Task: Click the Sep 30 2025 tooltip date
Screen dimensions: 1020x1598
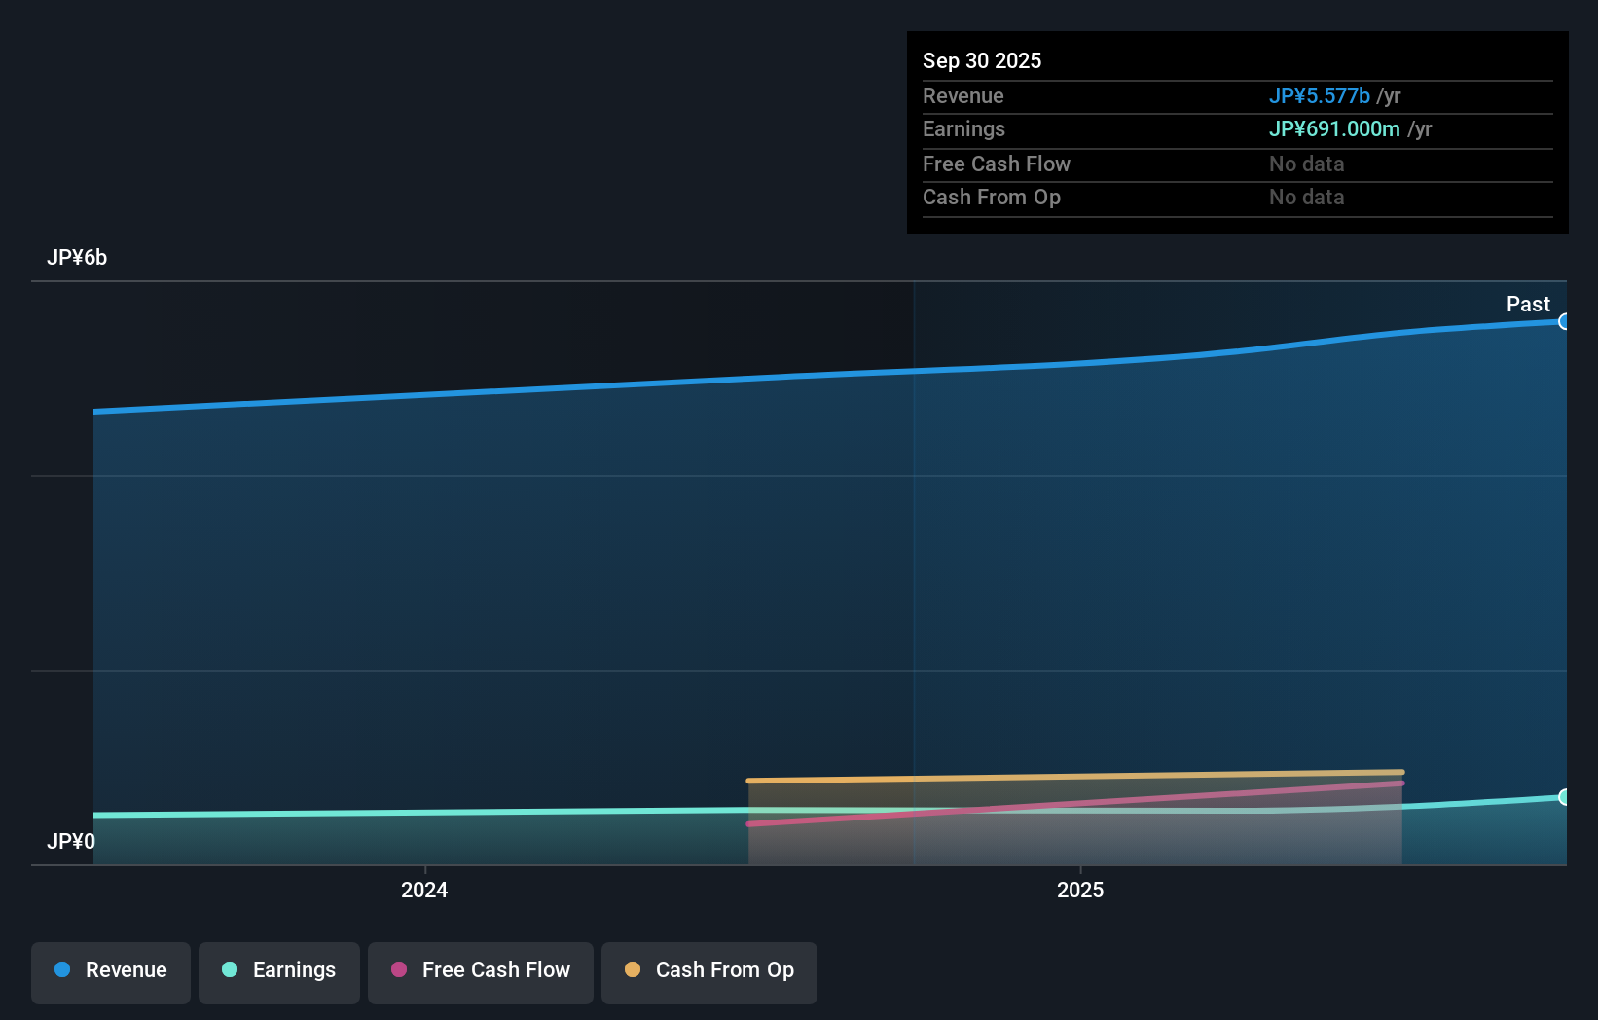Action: click(x=981, y=60)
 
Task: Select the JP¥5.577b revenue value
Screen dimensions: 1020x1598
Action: click(x=1319, y=95)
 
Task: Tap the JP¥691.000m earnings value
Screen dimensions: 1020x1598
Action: click(x=1333, y=128)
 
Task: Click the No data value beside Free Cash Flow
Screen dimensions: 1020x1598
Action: click(x=1306, y=164)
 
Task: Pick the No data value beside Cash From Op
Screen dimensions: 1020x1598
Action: click(x=1306, y=197)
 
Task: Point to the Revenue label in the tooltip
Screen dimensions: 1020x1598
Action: click(x=962, y=95)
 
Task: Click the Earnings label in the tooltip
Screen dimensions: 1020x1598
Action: click(x=963, y=128)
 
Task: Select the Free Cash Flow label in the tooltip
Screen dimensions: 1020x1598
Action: click(x=996, y=164)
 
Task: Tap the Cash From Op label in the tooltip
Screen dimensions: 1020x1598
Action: click(x=991, y=197)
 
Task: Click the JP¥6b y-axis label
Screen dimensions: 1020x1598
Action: click(x=77, y=257)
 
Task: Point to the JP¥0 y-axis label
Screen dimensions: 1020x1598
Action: click(x=71, y=841)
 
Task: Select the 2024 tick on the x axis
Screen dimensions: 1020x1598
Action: click(x=424, y=890)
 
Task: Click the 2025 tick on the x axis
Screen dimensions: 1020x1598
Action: click(x=1080, y=890)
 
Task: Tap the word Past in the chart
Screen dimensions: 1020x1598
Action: click(x=1527, y=304)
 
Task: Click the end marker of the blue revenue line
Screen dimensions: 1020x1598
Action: click(x=1564, y=321)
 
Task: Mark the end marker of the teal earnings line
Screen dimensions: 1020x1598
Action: click(x=1564, y=797)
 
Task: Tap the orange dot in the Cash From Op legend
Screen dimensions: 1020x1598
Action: click(x=633, y=969)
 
